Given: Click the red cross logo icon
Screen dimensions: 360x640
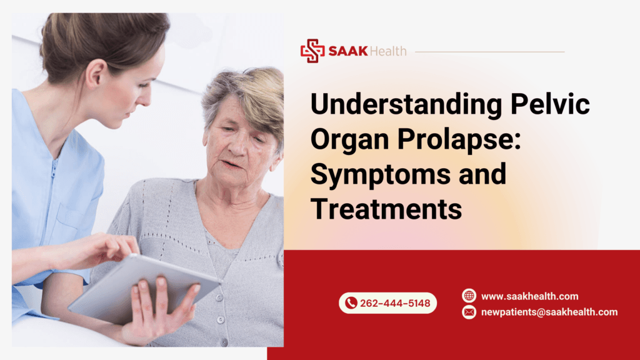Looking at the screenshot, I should (x=312, y=51).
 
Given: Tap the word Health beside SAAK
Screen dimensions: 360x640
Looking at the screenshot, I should (x=387, y=51).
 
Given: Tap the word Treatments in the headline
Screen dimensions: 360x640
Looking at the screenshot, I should (x=386, y=209).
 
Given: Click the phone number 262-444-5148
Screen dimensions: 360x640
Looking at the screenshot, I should (x=395, y=303).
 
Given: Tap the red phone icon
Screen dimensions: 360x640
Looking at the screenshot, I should (x=351, y=303).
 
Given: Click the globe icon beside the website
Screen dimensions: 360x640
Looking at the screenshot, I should (x=469, y=296).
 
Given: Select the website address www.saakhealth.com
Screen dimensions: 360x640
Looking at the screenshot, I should (x=529, y=296).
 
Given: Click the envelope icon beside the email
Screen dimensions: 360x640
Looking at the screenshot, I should (x=469, y=312).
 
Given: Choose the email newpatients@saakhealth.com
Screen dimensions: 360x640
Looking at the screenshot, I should (x=549, y=312).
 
